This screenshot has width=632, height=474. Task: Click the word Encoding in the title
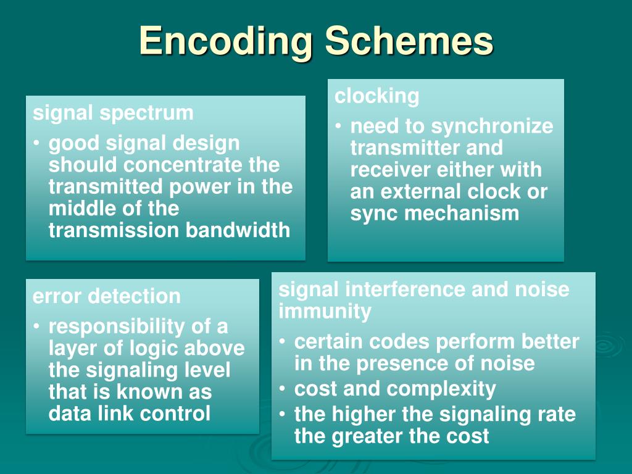[225, 42]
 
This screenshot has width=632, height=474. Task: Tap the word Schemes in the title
[409, 41]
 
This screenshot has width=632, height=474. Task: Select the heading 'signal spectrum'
[113, 113]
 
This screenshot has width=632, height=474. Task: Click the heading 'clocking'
[376, 96]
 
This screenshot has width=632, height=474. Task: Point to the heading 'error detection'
[106, 296]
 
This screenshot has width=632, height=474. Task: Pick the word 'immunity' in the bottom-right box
[325, 312]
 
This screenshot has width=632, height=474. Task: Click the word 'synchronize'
[492, 127]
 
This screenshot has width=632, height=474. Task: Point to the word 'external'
[421, 192]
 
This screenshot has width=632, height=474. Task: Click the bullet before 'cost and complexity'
[282, 389]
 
